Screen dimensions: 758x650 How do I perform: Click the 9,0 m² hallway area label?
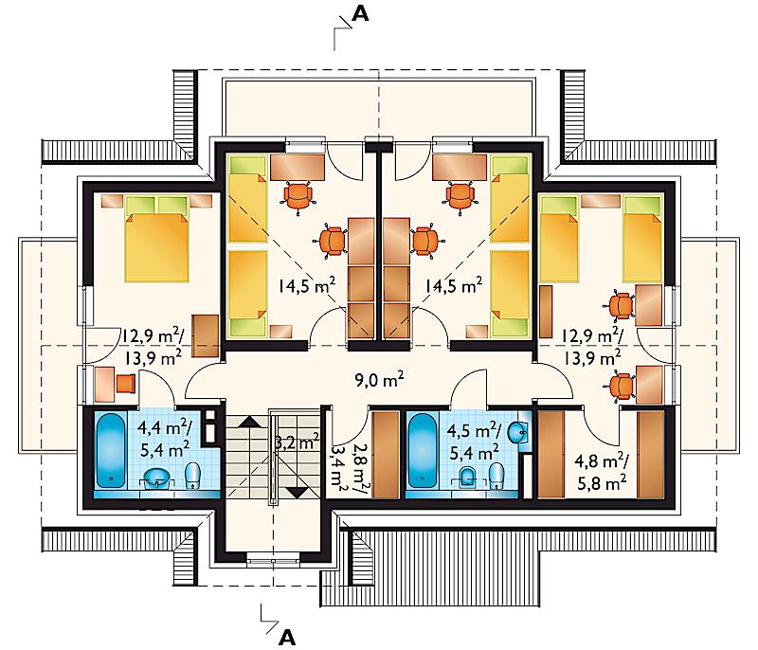380,380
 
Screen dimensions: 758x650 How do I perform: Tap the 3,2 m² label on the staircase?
297,442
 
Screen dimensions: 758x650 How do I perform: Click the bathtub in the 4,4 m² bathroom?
111,450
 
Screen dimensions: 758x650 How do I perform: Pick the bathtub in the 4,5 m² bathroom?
423,450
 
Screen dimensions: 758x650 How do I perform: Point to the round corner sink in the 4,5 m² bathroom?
518,431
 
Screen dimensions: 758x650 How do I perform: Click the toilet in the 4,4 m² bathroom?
193,476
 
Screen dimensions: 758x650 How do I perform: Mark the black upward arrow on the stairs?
249,421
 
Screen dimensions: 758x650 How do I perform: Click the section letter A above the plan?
360,13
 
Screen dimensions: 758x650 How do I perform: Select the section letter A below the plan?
287,638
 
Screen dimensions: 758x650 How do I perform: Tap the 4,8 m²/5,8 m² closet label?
602,472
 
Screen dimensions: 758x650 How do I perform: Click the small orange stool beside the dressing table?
126,383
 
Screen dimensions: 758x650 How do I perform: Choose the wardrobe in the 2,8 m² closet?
386,454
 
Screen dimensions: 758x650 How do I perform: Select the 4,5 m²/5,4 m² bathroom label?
474,441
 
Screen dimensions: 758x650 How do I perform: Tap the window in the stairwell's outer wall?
274,560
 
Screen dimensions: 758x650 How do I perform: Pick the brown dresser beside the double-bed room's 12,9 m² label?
206,335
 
